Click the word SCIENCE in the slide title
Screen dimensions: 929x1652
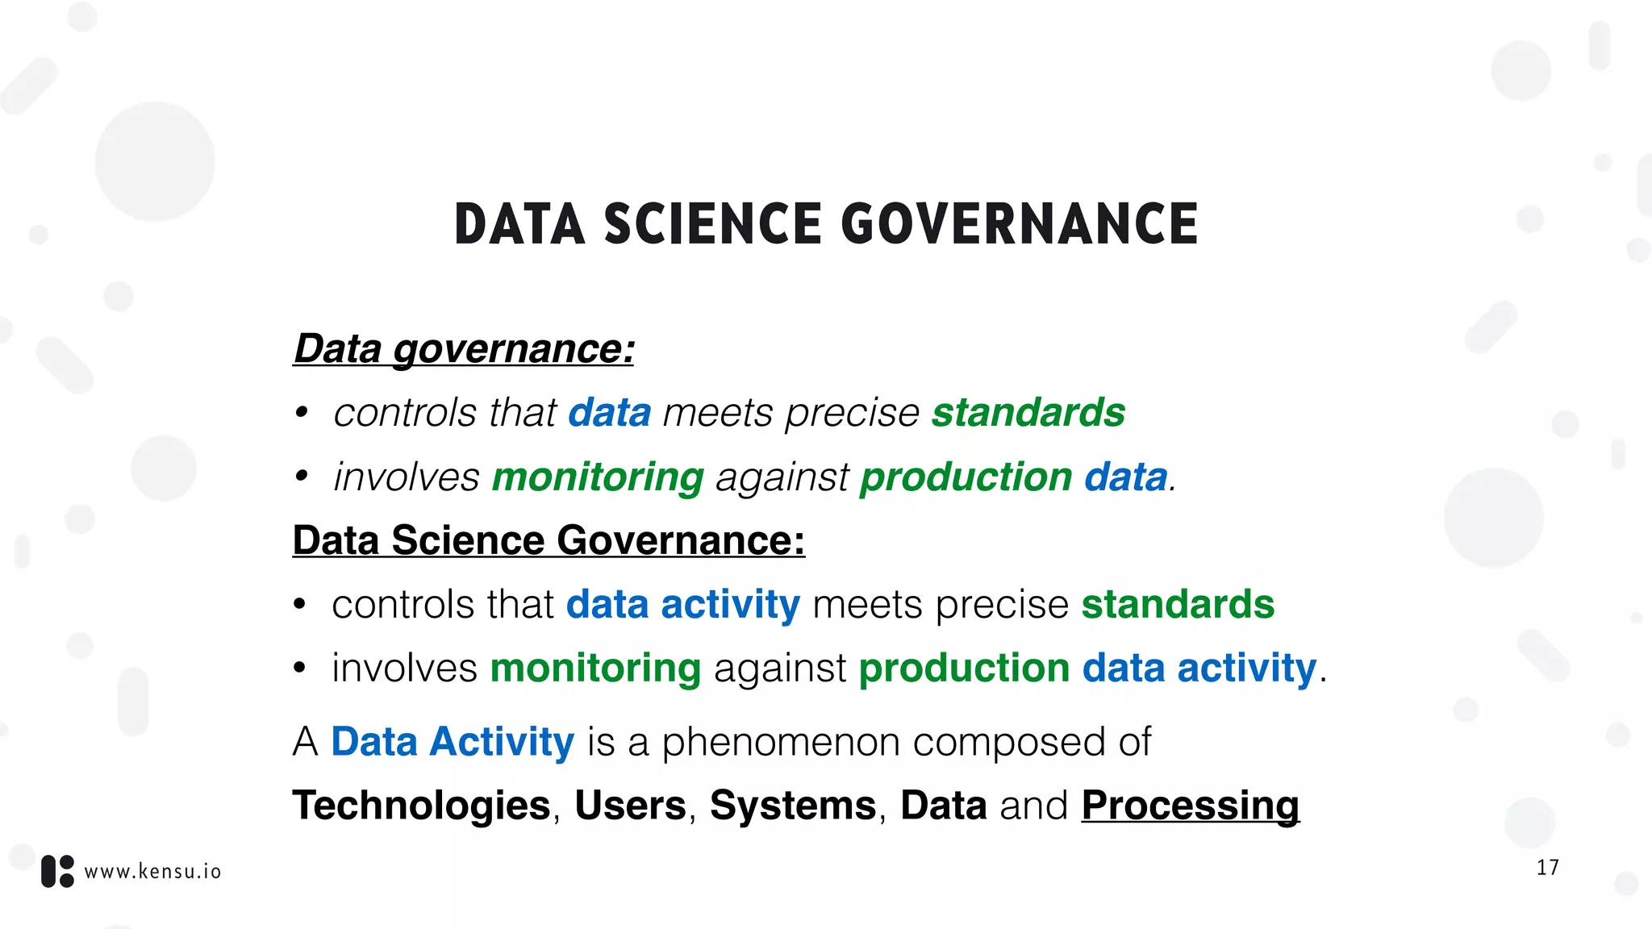pyautogui.click(x=712, y=224)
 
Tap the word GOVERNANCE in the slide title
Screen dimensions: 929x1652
pyautogui.click(x=1020, y=224)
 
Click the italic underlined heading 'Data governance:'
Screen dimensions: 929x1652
pyautogui.click(x=464, y=349)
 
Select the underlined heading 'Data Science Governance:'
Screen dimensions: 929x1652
pyautogui.click(x=549, y=540)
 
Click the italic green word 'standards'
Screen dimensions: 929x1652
pyautogui.click(x=1028, y=413)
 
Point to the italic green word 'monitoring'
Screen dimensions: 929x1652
pyautogui.click(x=598, y=477)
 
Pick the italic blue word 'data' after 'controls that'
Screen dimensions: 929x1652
pyautogui.click(x=609, y=413)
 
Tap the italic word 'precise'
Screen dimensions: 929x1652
pyautogui.click(x=852, y=413)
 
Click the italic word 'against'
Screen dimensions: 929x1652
pyautogui.click(x=782, y=477)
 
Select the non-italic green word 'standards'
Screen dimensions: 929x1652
pyautogui.click(x=1178, y=605)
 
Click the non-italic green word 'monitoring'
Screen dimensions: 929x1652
pyautogui.click(x=595, y=669)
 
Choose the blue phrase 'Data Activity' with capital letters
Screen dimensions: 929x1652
pyautogui.click(x=453, y=742)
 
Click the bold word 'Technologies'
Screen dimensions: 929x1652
pyautogui.click(x=421, y=806)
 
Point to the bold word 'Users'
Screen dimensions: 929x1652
pyautogui.click(x=630, y=806)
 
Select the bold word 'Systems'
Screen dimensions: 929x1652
pyautogui.click(x=793, y=806)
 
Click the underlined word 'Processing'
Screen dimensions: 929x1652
pyautogui.click(x=1191, y=806)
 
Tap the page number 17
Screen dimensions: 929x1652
pyautogui.click(x=1547, y=868)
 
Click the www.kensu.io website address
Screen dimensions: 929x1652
pyautogui.click(x=152, y=872)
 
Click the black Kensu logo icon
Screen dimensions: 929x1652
pyautogui.click(x=57, y=872)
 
